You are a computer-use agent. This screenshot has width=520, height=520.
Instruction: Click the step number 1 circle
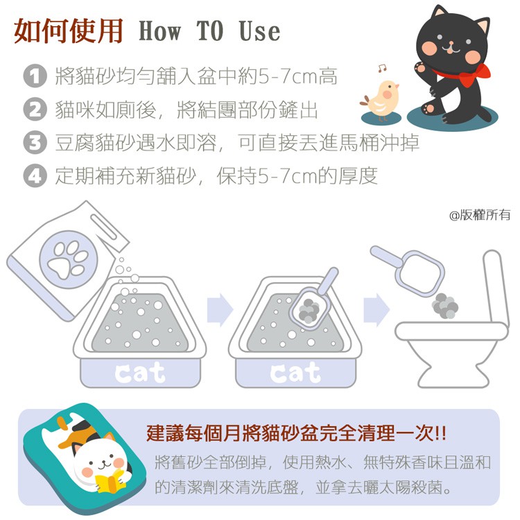pos(35,76)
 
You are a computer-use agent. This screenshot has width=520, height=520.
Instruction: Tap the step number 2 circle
pos(35,109)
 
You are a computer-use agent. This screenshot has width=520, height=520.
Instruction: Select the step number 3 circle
pos(35,142)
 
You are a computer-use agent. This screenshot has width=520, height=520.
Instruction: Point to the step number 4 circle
pos(35,175)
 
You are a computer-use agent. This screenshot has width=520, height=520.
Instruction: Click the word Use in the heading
pos(259,31)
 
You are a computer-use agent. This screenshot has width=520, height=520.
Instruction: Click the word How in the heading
pos(160,31)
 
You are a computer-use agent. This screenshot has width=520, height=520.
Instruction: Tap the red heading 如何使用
pos(69,31)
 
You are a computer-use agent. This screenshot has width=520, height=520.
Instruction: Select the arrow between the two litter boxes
pos(220,310)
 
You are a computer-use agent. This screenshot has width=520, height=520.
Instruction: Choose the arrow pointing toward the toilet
pos(376,310)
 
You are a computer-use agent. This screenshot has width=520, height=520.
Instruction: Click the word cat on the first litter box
pos(139,373)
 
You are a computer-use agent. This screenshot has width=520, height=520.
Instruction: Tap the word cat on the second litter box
pos(295,373)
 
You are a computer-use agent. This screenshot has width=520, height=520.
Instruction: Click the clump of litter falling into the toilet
pos(445,306)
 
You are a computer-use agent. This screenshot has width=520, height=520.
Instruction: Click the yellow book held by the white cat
pos(110,482)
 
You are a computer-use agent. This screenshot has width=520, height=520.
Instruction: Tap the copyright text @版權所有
pos(480,215)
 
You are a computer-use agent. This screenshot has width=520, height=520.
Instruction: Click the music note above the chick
pos(382,69)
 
